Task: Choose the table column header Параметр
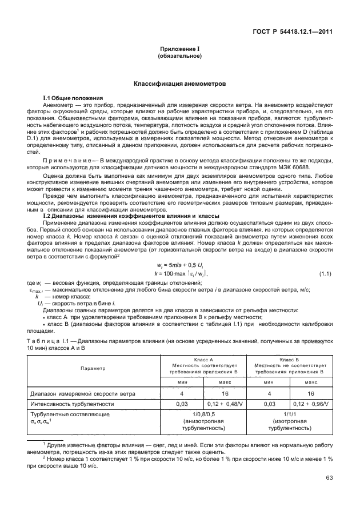tap(93, 368)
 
